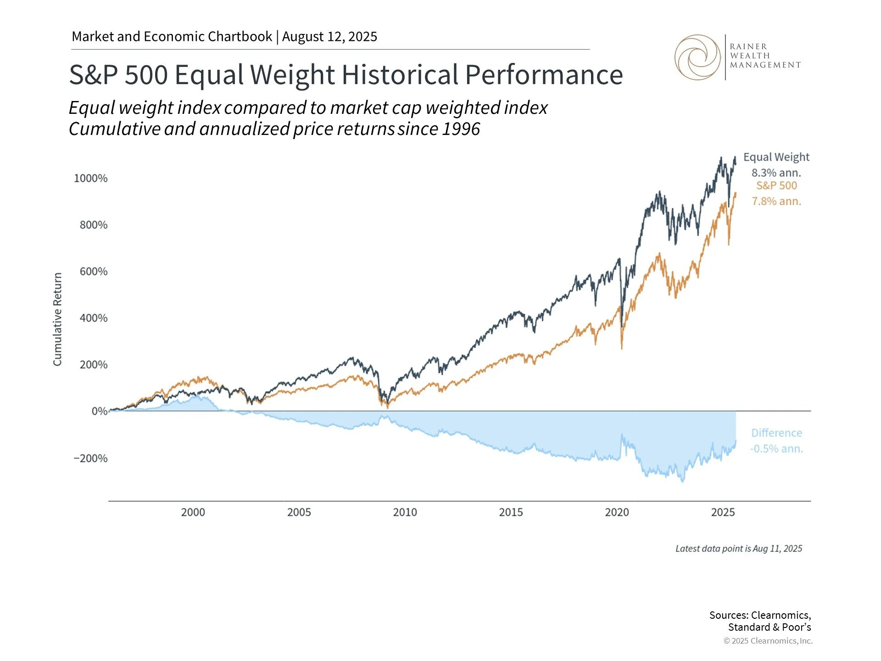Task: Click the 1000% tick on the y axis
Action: (x=91, y=178)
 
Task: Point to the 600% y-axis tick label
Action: (x=94, y=271)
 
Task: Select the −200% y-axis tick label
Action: (x=90, y=458)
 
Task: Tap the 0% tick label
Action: (x=100, y=411)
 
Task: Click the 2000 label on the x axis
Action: (x=193, y=512)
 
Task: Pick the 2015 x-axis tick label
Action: (x=511, y=512)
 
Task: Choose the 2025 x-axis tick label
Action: (x=723, y=512)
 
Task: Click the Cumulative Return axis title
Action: (x=57, y=319)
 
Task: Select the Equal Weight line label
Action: (x=776, y=157)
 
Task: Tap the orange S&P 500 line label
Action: (x=776, y=185)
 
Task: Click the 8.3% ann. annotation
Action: (x=776, y=173)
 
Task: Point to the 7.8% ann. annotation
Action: (x=776, y=202)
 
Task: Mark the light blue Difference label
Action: (x=776, y=433)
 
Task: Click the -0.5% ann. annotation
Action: (x=776, y=448)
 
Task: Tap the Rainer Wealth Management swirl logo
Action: (x=697, y=57)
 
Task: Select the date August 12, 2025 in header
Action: (x=329, y=37)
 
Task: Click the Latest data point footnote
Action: (x=738, y=549)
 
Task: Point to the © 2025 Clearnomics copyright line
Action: (x=768, y=641)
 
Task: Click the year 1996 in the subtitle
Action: (x=461, y=129)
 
